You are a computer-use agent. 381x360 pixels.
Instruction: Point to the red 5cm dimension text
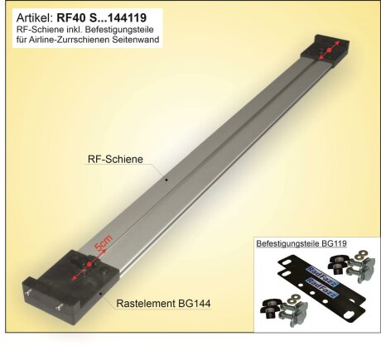102,247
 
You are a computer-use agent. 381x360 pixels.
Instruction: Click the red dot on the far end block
330,51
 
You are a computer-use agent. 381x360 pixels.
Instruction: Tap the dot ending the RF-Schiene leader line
166,178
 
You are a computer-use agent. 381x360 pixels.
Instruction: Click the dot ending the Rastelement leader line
101,290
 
